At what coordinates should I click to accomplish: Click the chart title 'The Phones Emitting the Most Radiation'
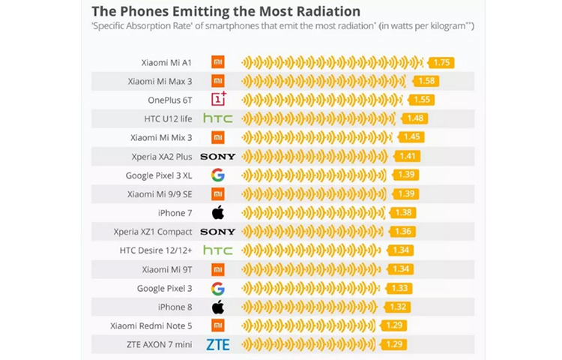click(x=226, y=11)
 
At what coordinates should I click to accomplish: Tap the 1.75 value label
click(x=442, y=62)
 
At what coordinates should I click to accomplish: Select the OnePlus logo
click(x=218, y=100)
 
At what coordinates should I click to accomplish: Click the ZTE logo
click(x=218, y=344)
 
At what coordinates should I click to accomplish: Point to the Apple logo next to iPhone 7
click(x=218, y=212)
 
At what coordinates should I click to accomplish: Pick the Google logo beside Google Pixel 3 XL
click(x=218, y=175)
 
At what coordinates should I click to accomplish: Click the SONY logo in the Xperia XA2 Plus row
click(x=218, y=157)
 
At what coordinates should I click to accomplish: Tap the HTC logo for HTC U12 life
click(x=218, y=118)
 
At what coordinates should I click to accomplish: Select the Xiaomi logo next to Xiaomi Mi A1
click(x=218, y=62)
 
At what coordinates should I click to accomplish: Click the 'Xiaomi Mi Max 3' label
click(x=160, y=81)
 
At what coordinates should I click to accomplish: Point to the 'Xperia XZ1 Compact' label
click(x=153, y=232)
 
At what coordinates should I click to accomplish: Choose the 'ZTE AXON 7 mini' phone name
click(x=157, y=344)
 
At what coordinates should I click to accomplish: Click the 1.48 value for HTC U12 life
click(x=414, y=118)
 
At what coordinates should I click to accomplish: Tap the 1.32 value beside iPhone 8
click(x=399, y=307)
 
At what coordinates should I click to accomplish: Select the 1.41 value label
click(x=408, y=157)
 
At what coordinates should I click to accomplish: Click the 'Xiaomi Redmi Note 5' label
click(x=151, y=325)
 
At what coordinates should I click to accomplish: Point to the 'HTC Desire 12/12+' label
click(x=156, y=250)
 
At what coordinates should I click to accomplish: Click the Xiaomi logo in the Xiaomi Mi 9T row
click(x=218, y=269)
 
